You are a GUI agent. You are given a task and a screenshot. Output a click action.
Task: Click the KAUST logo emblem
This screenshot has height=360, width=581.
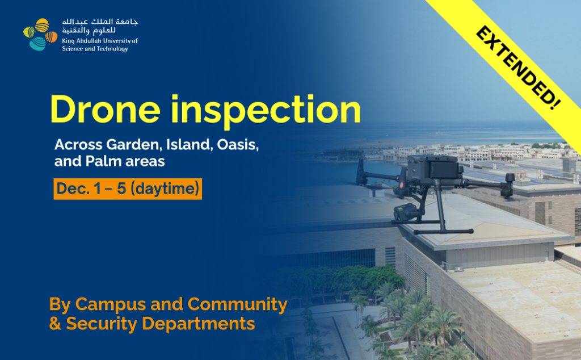tap(40, 35)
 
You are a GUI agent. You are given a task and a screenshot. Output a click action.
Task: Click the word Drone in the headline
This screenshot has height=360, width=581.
tap(105, 110)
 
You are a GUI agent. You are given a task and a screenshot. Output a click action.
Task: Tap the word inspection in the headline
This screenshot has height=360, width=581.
tap(266, 111)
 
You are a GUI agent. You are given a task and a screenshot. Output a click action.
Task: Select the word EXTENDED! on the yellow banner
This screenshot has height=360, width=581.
tap(519, 68)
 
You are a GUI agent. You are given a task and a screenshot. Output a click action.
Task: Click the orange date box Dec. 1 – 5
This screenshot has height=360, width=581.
tap(128, 189)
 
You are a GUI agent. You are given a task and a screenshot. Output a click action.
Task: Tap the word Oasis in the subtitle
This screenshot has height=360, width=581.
tap(238, 144)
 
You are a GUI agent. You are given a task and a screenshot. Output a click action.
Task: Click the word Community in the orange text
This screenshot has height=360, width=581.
tap(238, 305)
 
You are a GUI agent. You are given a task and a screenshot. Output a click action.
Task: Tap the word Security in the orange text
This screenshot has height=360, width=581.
tap(102, 324)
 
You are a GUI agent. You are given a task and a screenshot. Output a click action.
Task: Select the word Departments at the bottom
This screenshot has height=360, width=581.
tap(199, 324)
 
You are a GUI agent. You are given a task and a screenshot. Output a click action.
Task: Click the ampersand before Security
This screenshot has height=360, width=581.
tap(55, 323)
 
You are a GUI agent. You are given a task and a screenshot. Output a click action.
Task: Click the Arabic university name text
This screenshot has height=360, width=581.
tap(100, 26)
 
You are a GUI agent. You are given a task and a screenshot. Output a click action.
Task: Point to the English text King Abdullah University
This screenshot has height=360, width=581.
tap(100, 41)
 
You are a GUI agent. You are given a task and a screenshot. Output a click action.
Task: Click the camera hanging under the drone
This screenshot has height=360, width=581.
tap(405, 213)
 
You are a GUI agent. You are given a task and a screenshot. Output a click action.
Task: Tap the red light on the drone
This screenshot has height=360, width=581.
tap(401, 185)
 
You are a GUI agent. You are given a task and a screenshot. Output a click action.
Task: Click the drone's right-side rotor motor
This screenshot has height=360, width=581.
tap(508, 184)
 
